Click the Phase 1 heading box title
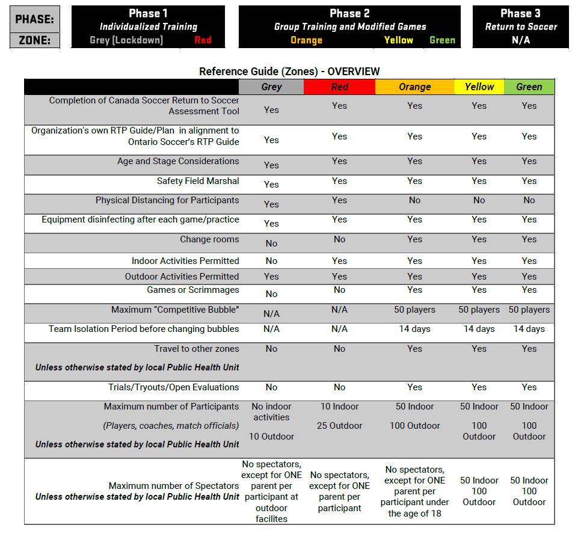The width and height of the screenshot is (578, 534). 148,13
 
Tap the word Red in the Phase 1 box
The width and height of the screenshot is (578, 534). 203,40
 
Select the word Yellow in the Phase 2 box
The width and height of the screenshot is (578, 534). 398,40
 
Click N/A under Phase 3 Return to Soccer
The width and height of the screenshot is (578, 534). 520,40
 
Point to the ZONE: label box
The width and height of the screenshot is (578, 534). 35,41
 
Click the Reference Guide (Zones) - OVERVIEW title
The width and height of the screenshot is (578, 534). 289,72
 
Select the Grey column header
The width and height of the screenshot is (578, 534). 271,87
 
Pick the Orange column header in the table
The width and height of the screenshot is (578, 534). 414,87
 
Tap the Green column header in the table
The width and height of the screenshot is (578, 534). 529,87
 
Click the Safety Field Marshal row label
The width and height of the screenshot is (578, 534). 198,181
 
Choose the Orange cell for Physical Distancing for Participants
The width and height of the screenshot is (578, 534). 414,200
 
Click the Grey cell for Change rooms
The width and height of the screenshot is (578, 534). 271,244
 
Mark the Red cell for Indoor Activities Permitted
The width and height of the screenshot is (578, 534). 339,261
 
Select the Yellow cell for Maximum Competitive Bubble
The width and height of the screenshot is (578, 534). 479,310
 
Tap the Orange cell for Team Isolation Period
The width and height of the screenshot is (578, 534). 414,329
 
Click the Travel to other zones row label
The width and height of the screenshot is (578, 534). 196,349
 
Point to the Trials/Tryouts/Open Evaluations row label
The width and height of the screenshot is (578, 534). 173,387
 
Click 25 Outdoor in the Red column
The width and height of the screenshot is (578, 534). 339,426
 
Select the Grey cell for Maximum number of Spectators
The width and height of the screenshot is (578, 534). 271,491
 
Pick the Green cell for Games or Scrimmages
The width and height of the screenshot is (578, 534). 529,290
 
